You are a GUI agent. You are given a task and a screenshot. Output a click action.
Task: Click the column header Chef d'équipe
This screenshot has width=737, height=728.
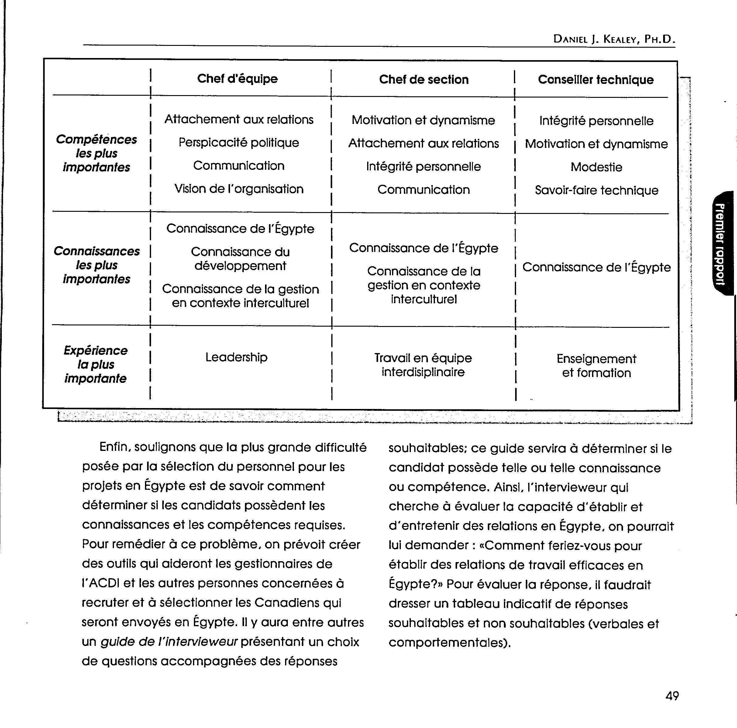[x=237, y=79]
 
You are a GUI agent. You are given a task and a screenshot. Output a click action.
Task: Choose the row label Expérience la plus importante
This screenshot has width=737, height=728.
[x=95, y=365]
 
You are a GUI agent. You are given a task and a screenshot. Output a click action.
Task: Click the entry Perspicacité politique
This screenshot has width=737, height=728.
[x=239, y=143]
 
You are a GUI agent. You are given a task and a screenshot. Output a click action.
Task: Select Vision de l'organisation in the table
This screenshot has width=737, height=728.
[x=239, y=189]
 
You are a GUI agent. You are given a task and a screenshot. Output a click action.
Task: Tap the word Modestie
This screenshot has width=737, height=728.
[x=596, y=167]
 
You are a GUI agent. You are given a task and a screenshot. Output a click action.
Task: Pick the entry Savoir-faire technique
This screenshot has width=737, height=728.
[x=596, y=190]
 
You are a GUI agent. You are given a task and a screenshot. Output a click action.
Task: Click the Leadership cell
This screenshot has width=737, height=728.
[x=236, y=357]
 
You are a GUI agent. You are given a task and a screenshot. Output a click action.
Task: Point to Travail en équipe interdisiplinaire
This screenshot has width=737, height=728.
[x=423, y=365]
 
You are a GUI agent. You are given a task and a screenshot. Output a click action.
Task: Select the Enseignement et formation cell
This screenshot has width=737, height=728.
[x=596, y=366]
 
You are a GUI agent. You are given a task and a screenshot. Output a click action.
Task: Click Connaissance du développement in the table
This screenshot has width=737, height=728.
[x=240, y=259]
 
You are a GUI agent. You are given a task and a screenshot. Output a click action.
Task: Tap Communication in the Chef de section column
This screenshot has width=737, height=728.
[x=423, y=190]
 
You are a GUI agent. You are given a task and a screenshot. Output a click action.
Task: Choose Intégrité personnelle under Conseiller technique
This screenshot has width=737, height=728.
[x=596, y=121]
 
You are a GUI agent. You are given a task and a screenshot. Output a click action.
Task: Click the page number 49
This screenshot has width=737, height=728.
[x=672, y=696]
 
